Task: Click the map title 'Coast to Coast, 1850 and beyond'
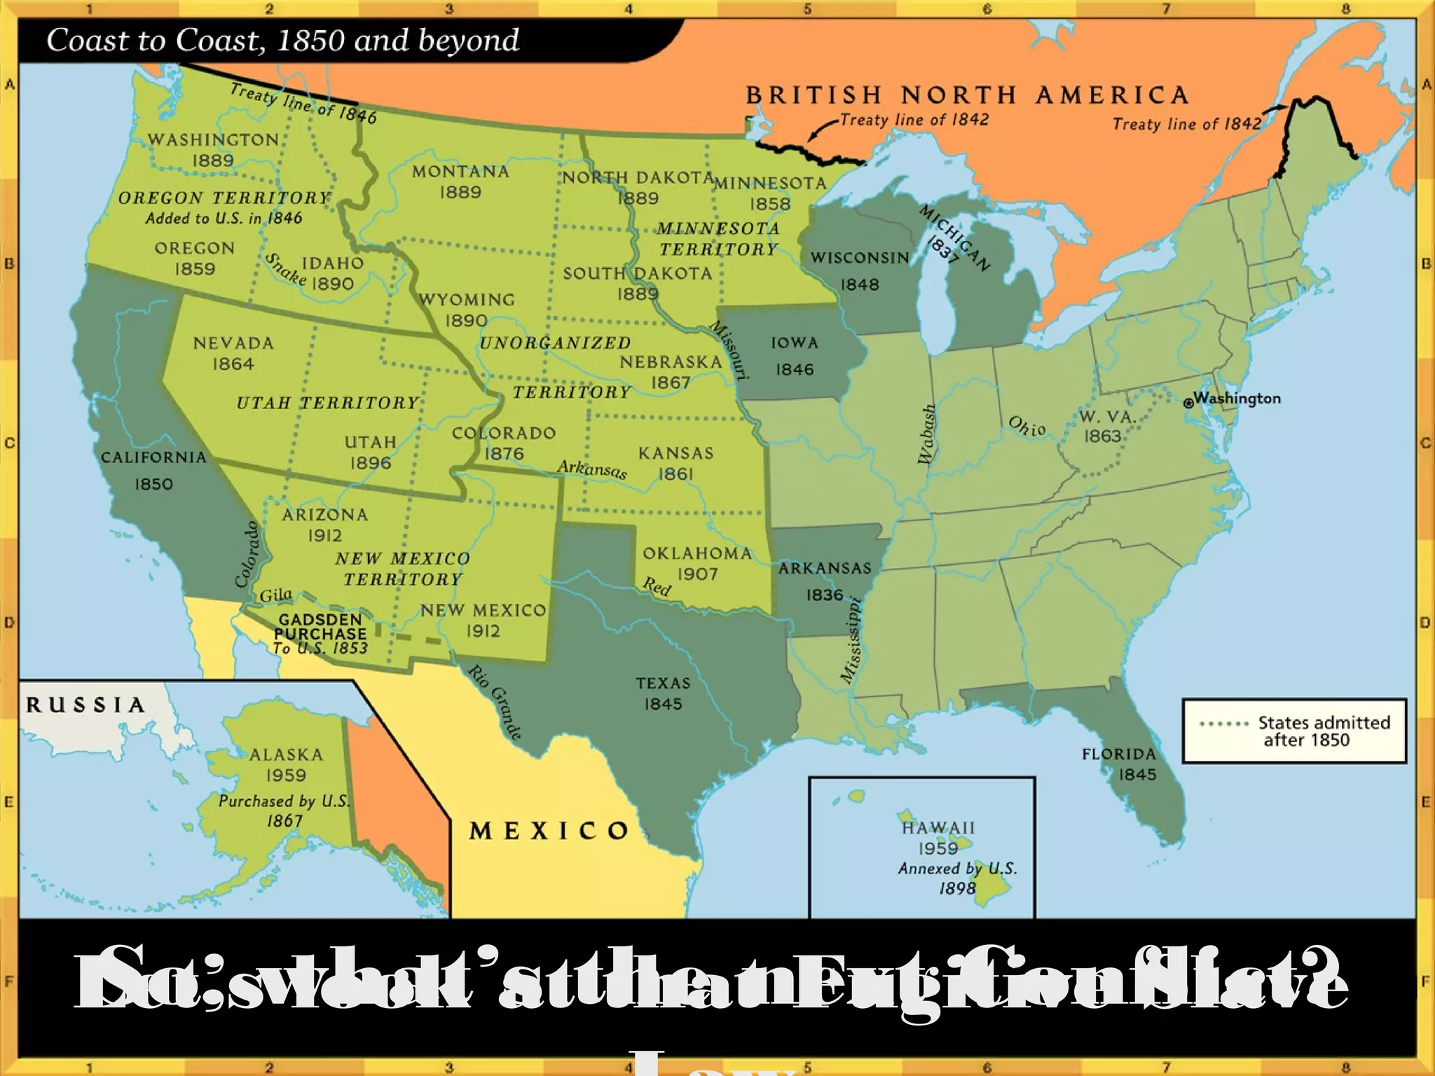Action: [283, 41]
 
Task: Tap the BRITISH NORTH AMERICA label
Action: [967, 95]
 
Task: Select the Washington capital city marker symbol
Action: [1188, 403]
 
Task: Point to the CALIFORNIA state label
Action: [153, 457]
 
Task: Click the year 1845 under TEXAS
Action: [663, 704]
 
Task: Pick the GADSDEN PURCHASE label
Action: [320, 627]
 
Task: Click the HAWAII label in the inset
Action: [938, 828]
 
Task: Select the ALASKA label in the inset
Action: [286, 754]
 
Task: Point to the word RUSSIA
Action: [85, 705]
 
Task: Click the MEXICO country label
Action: [549, 832]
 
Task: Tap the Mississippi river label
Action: [851, 639]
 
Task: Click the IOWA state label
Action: [795, 343]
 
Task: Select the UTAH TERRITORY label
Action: [327, 403]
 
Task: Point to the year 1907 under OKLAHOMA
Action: [697, 574]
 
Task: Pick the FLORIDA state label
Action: [1118, 754]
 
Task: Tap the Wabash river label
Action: [926, 434]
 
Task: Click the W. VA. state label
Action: [1107, 417]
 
